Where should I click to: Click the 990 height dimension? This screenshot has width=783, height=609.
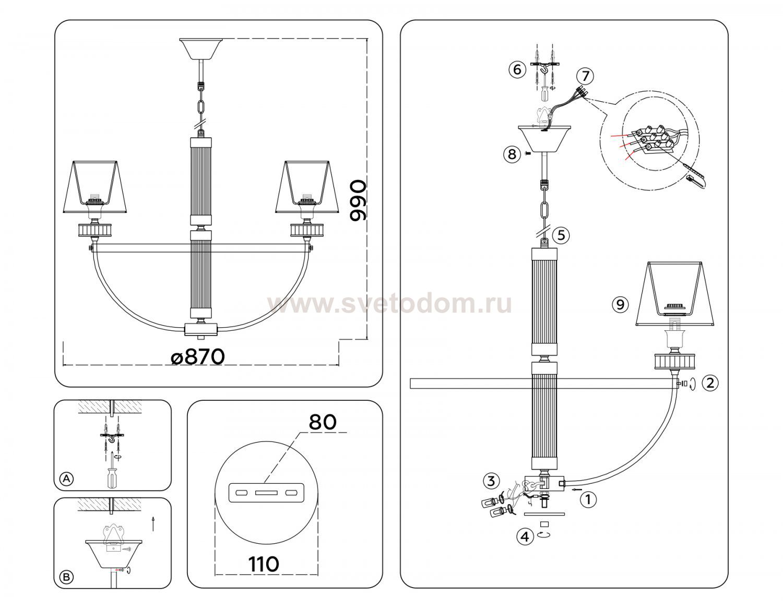tap(358, 200)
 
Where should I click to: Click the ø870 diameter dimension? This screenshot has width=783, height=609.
tap(198, 357)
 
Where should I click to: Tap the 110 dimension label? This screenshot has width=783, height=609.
tap(264, 564)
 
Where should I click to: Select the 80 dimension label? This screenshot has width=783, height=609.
tap(323, 423)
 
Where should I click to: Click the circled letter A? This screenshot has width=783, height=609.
tap(66, 479)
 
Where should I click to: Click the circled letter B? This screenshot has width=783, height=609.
tap(66, 577)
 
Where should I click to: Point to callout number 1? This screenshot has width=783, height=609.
tap(588, 499)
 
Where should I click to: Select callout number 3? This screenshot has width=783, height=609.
tap(492, 481)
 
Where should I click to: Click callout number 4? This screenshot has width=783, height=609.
tap(525, 536)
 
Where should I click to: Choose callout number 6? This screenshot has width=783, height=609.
tap(517, 69)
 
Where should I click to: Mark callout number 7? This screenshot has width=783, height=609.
tap(585, 76)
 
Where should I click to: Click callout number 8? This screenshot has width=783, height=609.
tap(512, 154)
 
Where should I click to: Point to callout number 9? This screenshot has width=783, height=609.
tap(620, 304)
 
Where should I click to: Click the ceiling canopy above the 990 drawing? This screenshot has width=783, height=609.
tap(201, 48)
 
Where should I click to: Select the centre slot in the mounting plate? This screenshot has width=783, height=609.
tap(266, 492)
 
